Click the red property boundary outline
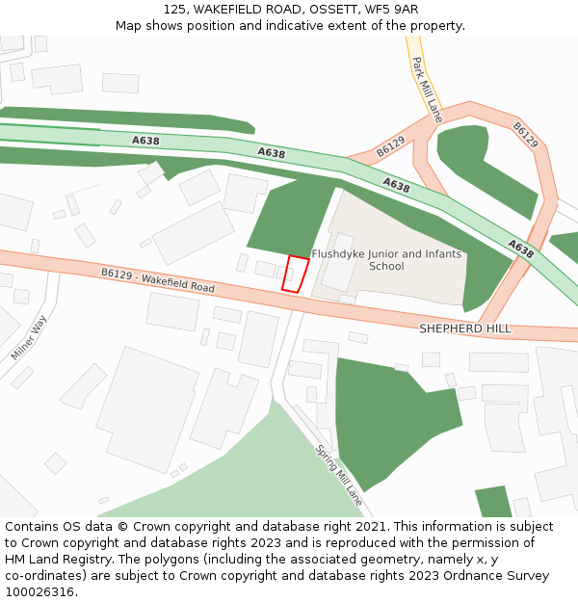tap(295, 274)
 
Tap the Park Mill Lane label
tap(425, 89)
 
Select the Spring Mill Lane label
tap(339, 476)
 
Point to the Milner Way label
tap(29, 339)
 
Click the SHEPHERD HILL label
tap(464, 329)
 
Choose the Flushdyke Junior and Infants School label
tap(386, 260)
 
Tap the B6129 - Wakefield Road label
tap(158, 280)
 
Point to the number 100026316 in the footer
tap(39, 591)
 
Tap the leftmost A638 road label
tap(145, 141)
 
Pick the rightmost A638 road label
tap(520, 249)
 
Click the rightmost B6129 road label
tap(526, 135)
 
